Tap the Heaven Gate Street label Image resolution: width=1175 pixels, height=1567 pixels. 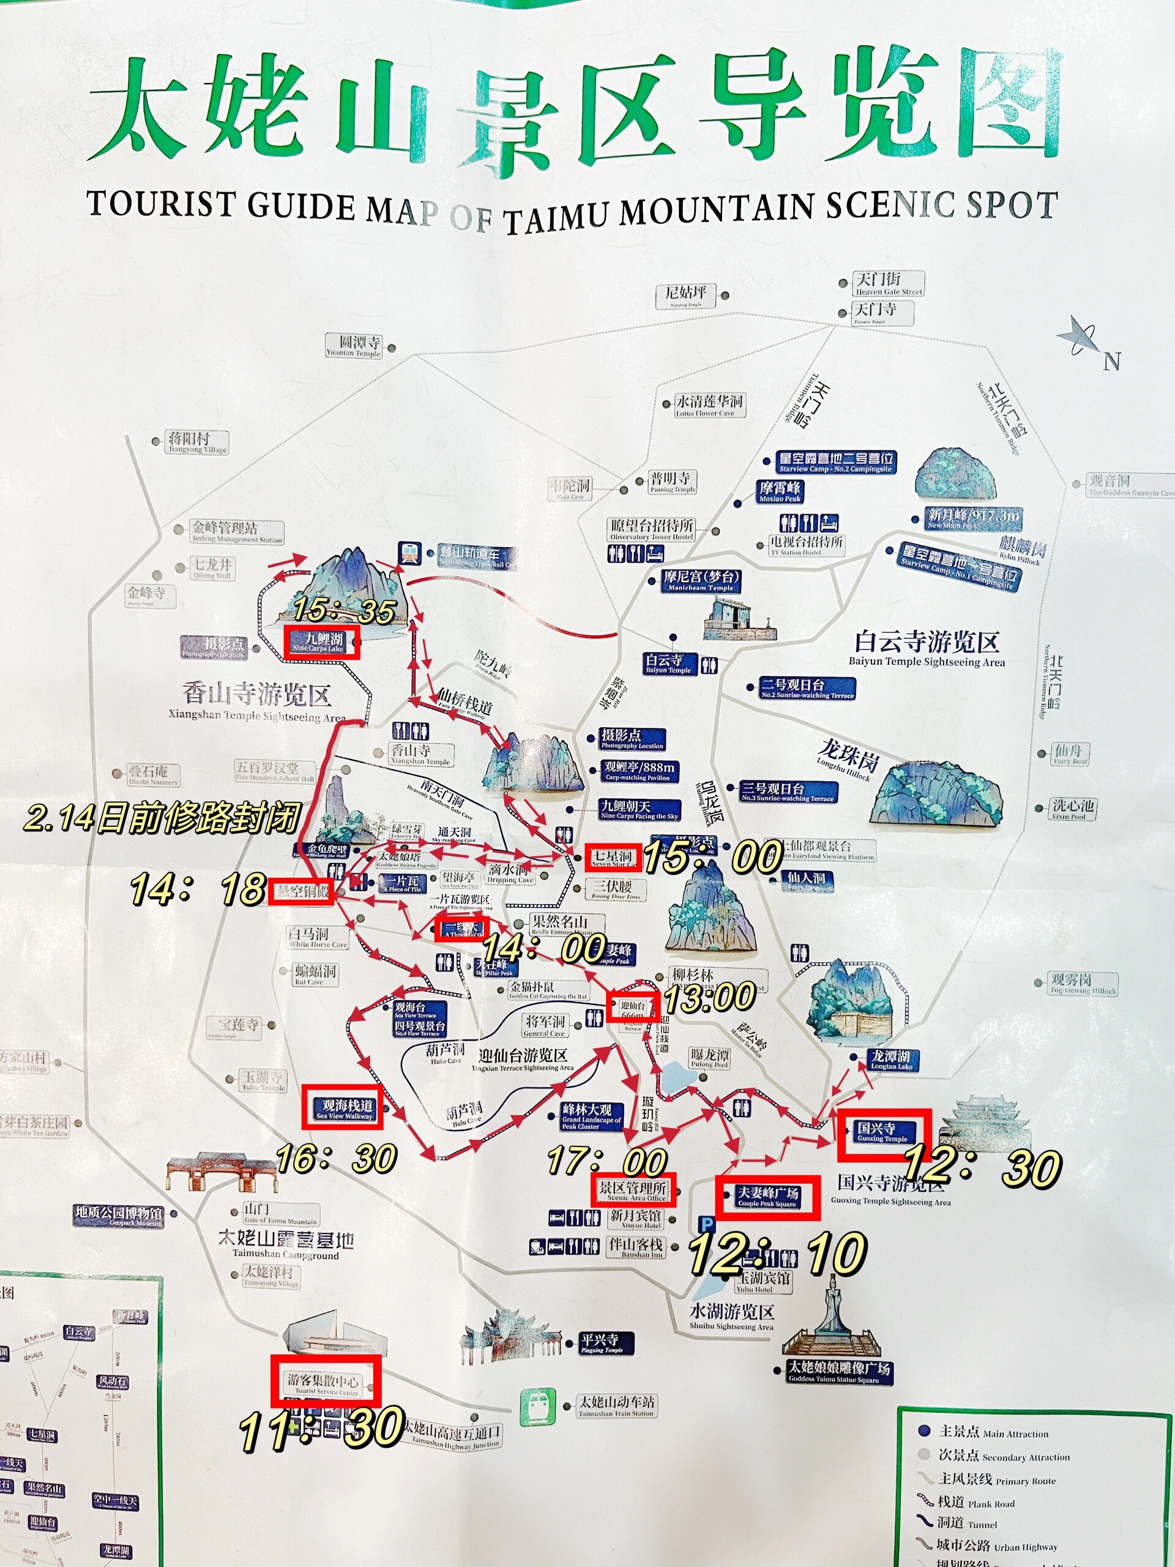(888, 283)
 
